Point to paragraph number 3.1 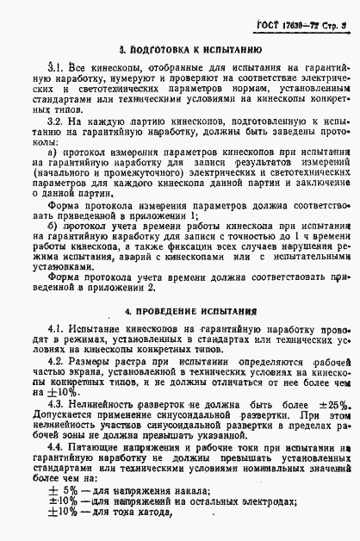point(54,66)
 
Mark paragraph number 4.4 point(55,448)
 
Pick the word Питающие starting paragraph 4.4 point(96,448)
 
